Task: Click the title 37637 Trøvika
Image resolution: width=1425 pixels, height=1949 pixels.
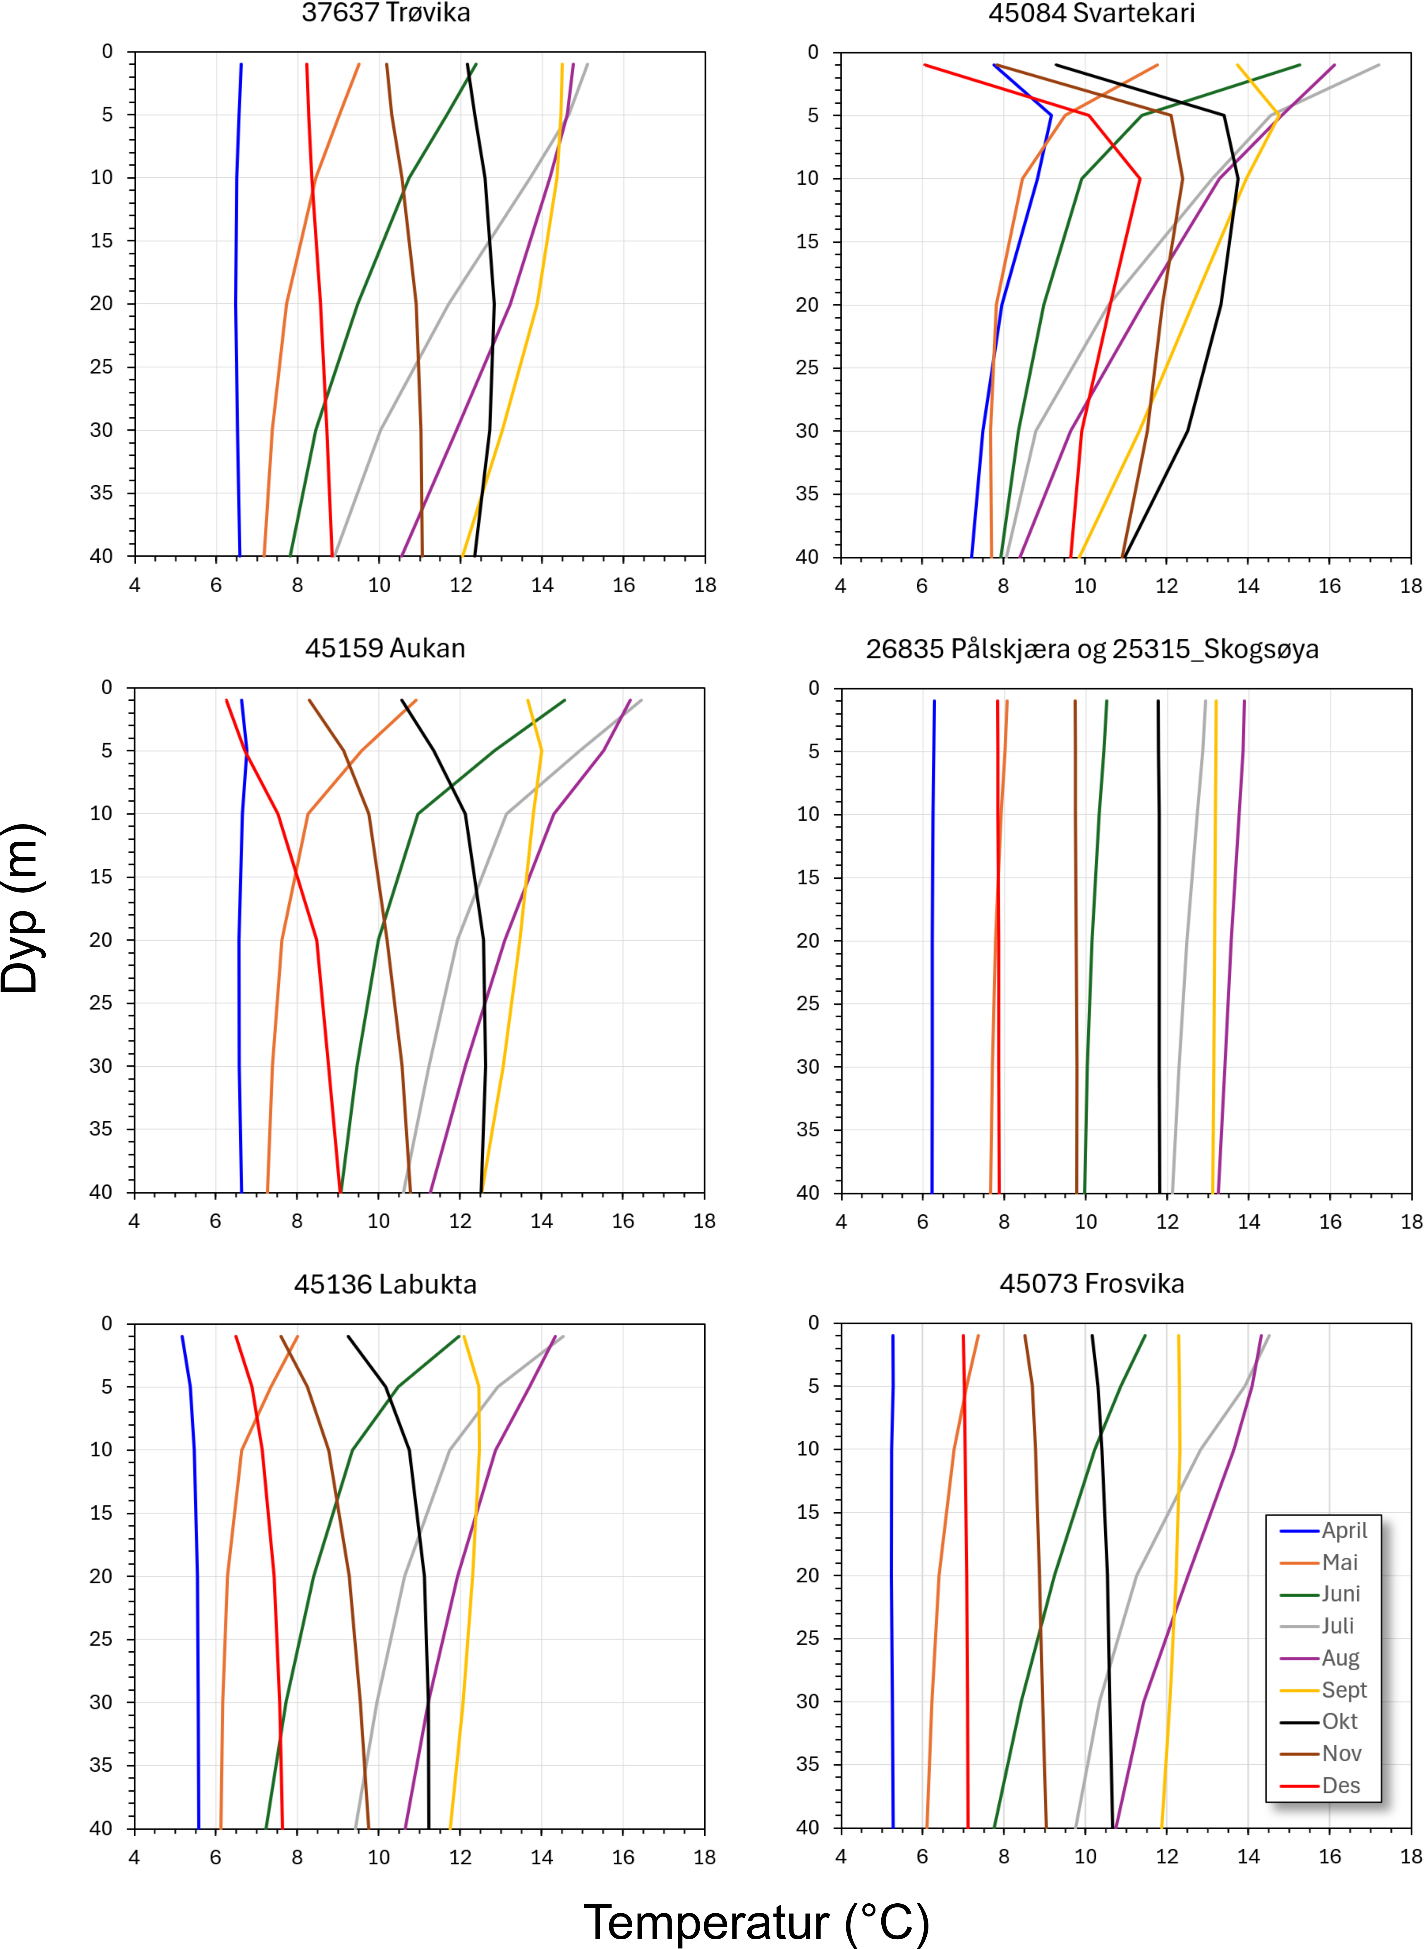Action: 386,13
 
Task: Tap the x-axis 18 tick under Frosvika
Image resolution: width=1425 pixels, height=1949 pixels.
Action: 1411,1857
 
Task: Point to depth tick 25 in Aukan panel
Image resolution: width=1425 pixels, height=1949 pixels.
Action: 102,1002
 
